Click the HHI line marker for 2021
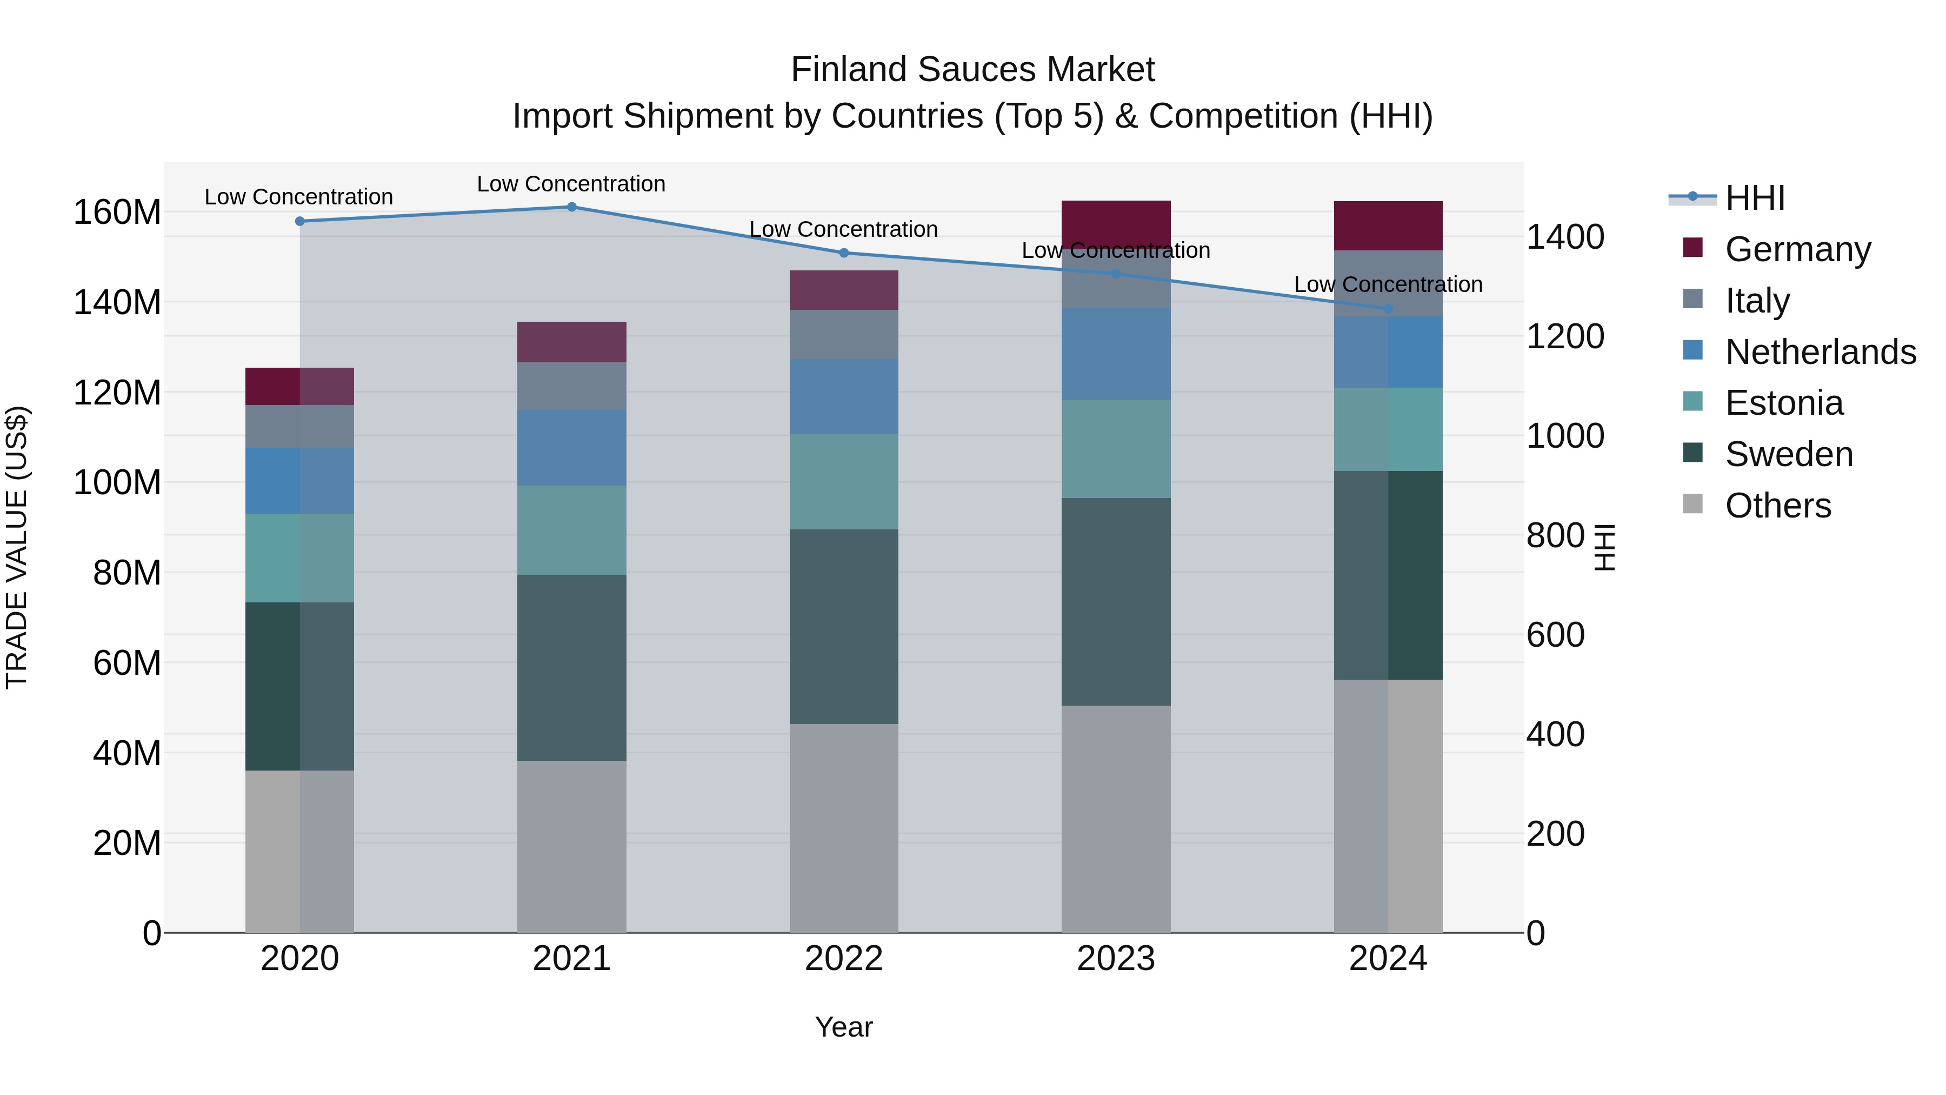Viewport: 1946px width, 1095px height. pos(572,207)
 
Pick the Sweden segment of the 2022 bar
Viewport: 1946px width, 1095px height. pos(844,627)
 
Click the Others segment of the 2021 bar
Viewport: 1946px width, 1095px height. pos(572,846)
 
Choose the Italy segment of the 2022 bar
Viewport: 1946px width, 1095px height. pos(844,334)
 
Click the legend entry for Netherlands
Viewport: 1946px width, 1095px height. pos(1821,352)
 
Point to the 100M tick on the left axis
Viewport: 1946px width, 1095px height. pos(117,482)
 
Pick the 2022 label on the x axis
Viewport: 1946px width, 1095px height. pos(844,959)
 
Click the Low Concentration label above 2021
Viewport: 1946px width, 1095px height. pos(571,184)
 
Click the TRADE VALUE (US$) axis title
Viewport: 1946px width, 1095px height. pos(17,547)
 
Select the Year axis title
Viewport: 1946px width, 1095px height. pos(844,1027)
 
